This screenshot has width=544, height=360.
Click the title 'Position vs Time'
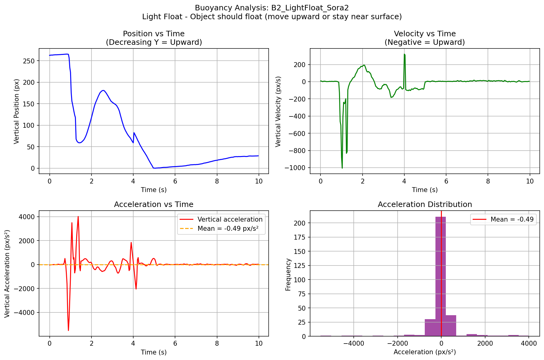click(154, 34)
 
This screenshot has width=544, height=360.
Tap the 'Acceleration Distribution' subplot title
click(424, 205)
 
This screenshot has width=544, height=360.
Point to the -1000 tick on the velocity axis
click(295, 168)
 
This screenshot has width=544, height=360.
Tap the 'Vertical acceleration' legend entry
click(230, 219)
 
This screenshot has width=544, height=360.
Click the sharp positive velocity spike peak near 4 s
click(404, 54)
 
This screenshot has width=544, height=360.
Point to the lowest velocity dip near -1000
click(342, 168)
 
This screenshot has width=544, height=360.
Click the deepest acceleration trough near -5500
click(68, 330)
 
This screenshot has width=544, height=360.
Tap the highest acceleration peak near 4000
click(78, 217)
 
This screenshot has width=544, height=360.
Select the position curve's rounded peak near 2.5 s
click(103, 90)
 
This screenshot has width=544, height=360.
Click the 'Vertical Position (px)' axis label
click(17, 111)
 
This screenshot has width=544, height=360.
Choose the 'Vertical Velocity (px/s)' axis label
click(278, 111)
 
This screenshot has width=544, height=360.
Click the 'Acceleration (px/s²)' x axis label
click(424, 352)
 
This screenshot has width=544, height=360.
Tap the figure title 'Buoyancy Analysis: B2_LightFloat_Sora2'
click(272, 8)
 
